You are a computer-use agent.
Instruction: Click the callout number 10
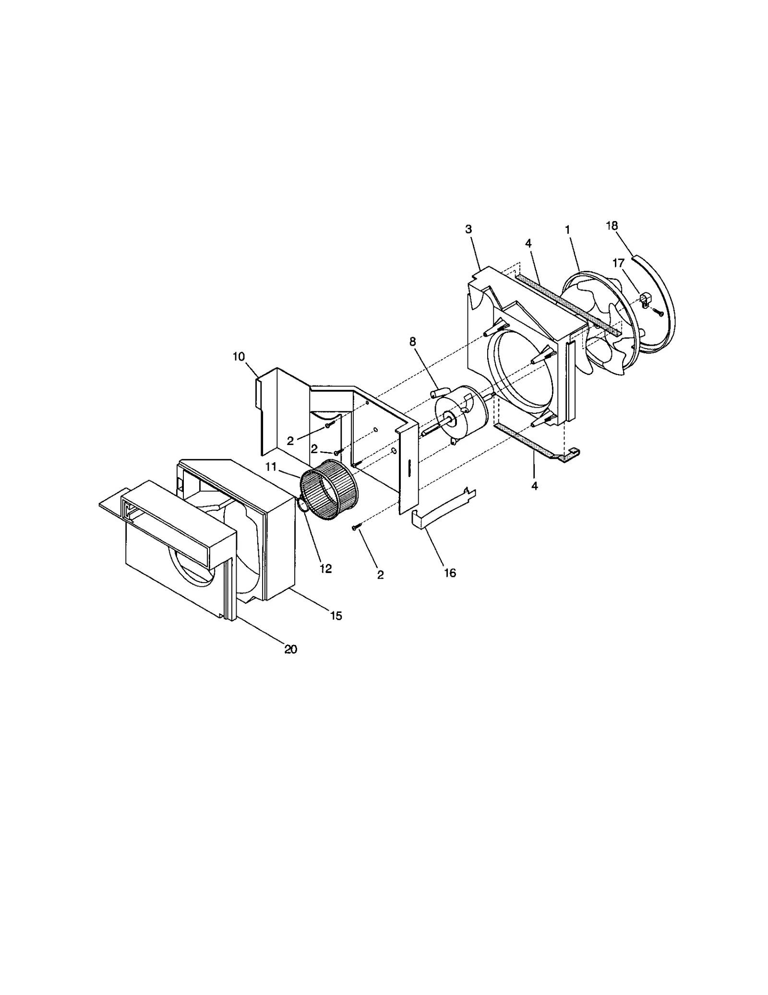(x=239, y=357)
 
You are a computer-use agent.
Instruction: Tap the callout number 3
(x=468, y=229)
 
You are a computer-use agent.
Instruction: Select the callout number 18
(x=612, y=225)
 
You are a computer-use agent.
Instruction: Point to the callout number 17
(x=618, y=263)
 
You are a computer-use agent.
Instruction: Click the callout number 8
(x=413, y=342)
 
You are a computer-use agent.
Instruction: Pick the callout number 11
(x=271, y=467)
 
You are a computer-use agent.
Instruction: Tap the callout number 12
(x=325, y=569)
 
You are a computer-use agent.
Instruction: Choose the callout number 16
(x=450, y=573)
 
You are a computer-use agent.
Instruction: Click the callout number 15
(x=336, y=616)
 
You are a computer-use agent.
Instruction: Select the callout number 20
(x=290, y=649)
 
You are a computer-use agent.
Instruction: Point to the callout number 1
(x=568, y=230)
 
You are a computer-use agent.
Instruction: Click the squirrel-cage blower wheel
(x=328, y=489)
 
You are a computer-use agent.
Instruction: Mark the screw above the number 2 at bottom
(x=355, y=527)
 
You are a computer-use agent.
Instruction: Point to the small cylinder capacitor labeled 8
(x=437, y=393)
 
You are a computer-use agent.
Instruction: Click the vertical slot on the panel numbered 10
(x=409, y=468)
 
